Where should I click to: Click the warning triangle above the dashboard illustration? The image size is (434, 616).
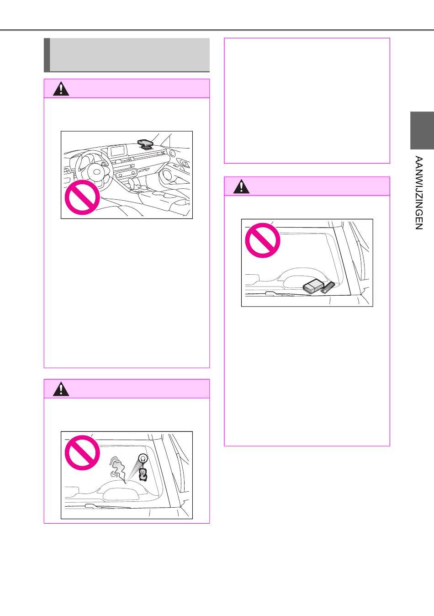point(61,89)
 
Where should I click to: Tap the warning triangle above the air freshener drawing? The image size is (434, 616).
point(61,389)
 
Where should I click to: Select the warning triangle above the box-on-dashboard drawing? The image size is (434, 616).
point(241,186)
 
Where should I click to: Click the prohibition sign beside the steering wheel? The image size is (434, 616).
point(82,197)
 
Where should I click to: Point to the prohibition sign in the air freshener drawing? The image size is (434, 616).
point(82,452)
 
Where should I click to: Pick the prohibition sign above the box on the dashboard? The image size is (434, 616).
point(263,240)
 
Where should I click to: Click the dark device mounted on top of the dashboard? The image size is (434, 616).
point(145,143)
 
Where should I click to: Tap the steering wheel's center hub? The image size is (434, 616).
point(97,172)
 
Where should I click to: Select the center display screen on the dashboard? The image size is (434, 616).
point(118,151)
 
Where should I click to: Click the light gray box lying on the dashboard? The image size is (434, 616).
point(313,286)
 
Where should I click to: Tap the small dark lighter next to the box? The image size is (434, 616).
point(328,287)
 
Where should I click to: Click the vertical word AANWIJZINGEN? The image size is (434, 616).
point(418,192)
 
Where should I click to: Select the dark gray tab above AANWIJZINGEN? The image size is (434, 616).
point(422,130)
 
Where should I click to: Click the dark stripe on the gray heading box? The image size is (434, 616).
point(47,55)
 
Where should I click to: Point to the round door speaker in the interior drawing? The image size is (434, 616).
point(167,176)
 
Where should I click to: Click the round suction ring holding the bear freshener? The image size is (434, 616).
point(143,458)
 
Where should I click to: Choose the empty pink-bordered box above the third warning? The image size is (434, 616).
point(307,101)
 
